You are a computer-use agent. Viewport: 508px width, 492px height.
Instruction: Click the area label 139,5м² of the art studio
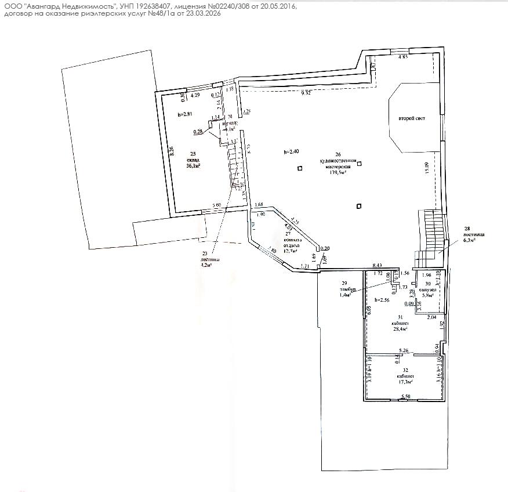point(338,172)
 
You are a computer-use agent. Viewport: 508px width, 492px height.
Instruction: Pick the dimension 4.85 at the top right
point(403,57)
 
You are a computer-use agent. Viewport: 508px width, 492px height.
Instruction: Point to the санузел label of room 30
point(428,289)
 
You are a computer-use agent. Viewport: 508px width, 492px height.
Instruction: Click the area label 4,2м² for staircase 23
point(207,265)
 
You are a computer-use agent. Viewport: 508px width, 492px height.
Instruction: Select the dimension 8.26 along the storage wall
point(172,153)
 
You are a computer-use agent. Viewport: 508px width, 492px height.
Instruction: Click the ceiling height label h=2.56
point(383,300)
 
